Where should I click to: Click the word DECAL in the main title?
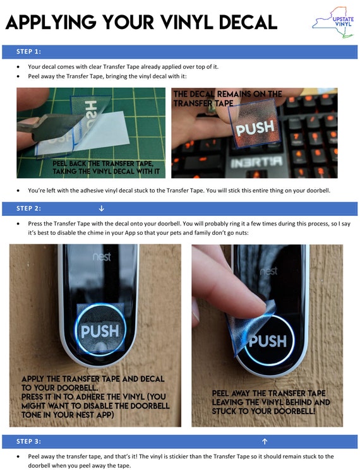[248, 22]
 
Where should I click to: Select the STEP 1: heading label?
[28, 52]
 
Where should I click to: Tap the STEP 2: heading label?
[28, 208]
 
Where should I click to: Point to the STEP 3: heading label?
[28, 441]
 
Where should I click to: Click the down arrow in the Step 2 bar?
[102, 208]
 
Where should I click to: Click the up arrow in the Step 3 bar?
[265, 441]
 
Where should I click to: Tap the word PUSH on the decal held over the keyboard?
[255, 128]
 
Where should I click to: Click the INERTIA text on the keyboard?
[256, 162]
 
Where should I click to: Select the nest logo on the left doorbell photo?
[102, 257]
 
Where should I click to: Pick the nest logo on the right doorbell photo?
[268, 271]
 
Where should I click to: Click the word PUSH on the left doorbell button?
[100, 331]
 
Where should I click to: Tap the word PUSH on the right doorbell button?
[268, 341]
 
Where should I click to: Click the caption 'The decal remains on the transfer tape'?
[227, 98]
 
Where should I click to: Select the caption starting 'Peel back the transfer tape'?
[105, 167]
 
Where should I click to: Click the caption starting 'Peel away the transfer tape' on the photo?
[270, 402]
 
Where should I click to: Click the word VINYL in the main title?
[186, 22]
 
